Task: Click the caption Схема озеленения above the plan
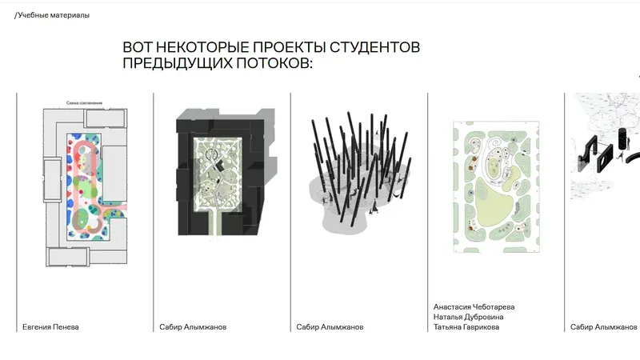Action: (84, 103)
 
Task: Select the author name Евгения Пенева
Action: (50, 326)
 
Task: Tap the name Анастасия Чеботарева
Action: (474, 306)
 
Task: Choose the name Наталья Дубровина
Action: (469, 317)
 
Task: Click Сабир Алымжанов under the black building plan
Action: (193, 326)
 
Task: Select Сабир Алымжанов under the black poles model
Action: (330, 326)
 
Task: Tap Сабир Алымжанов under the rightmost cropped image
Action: (604, 326)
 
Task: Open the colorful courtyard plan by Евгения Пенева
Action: (84, 188)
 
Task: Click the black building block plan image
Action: (221, 176)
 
